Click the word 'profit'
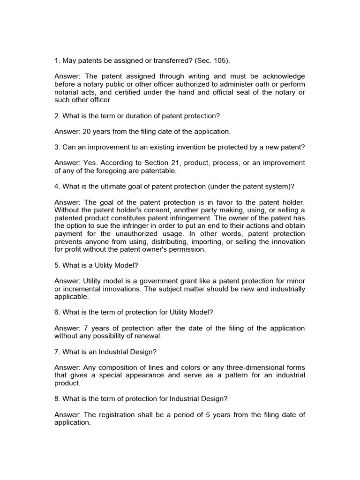[x=75, y=249]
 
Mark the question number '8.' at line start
[x=57, y=399]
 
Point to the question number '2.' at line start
[x=57, y=116]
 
